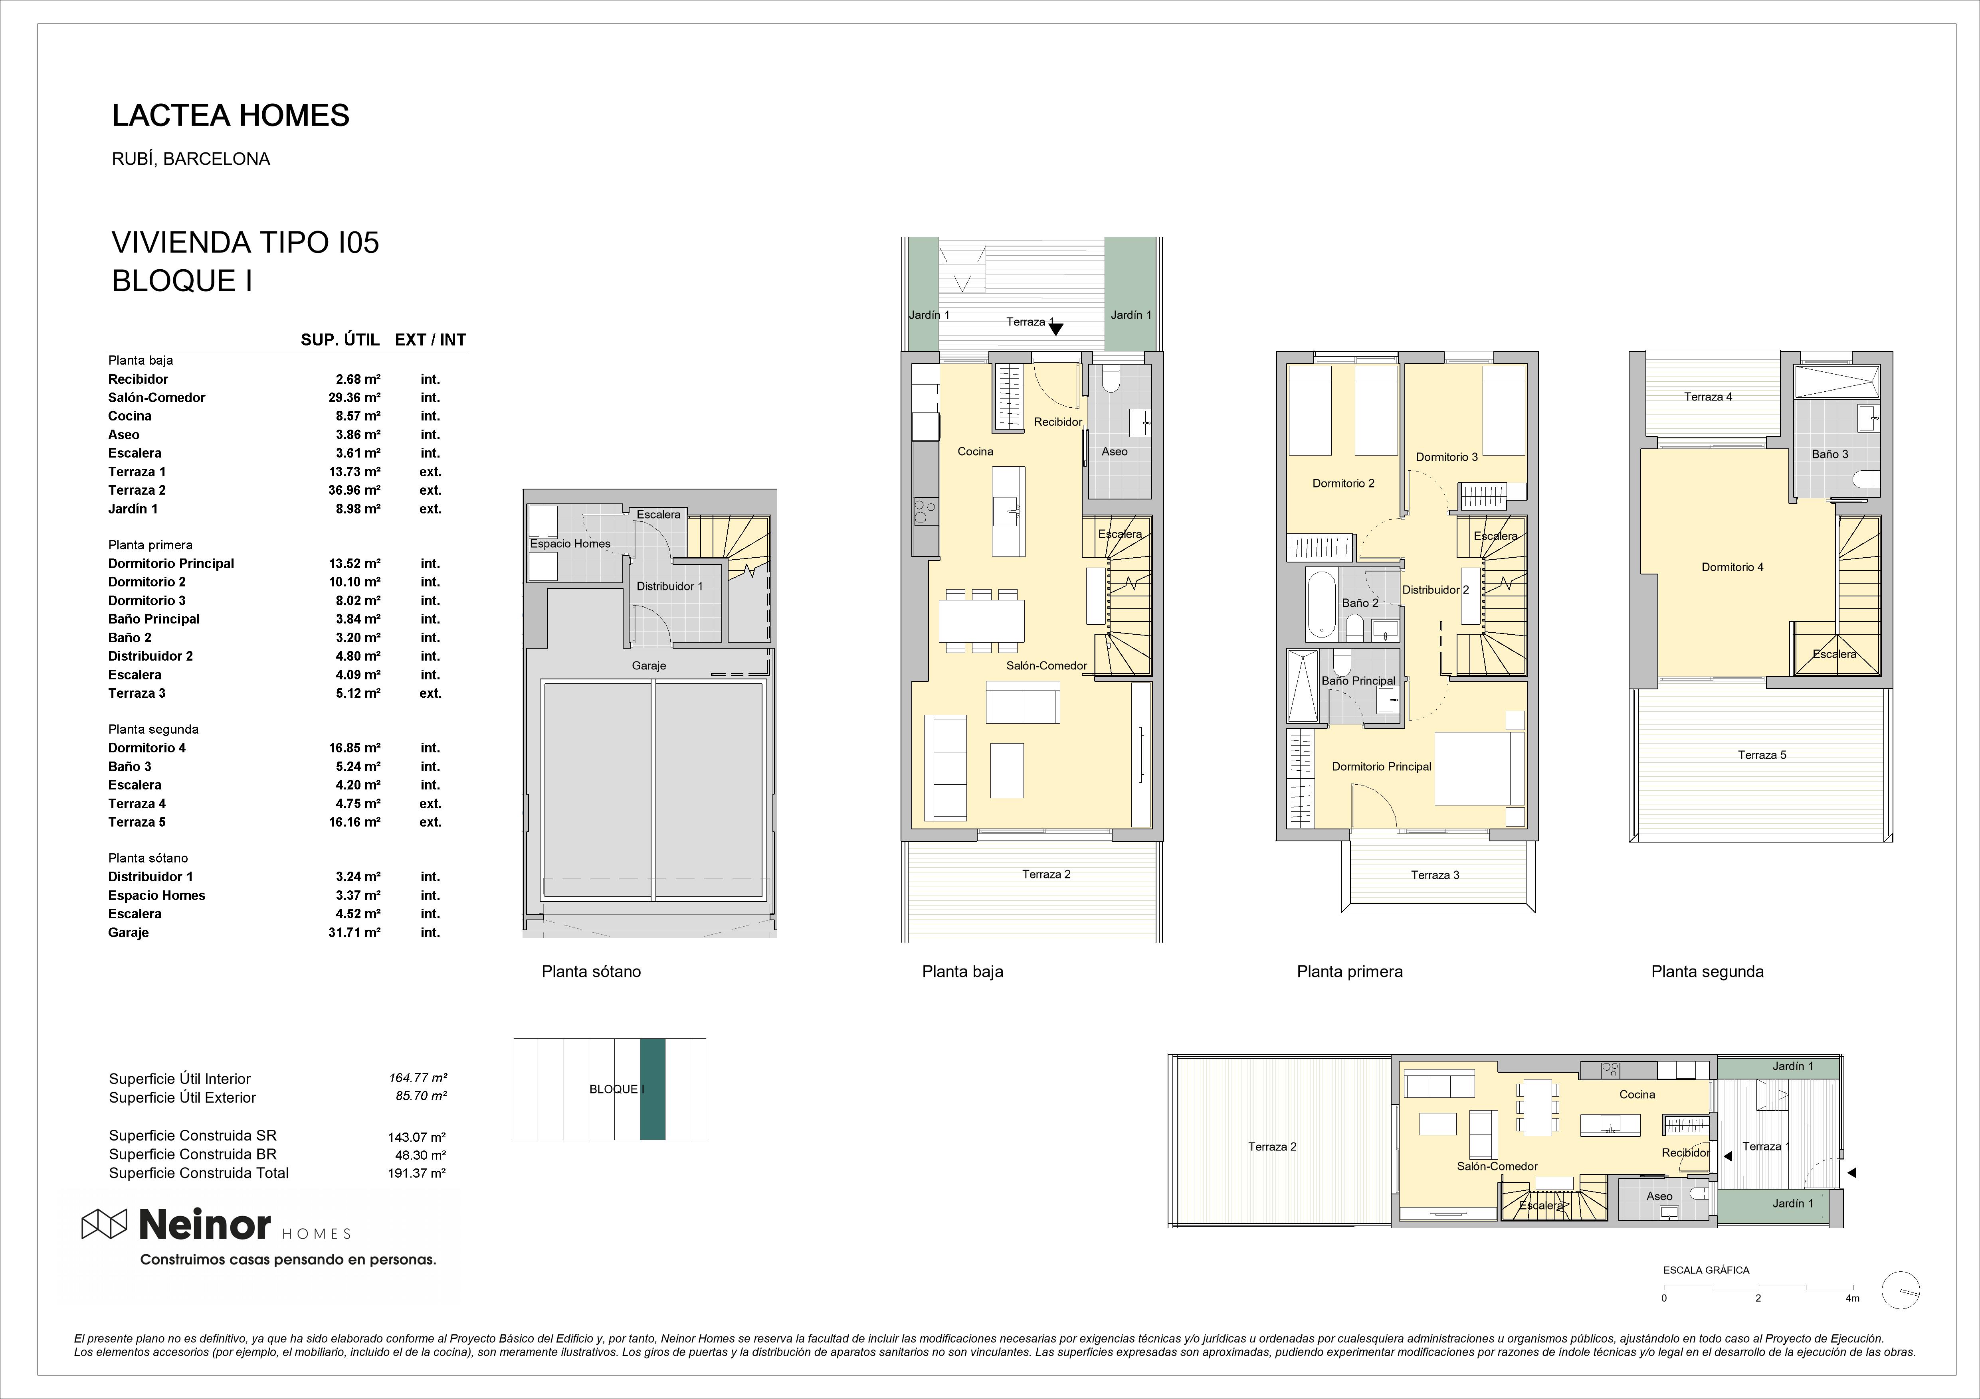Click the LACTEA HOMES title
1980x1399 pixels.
tap(231, 116)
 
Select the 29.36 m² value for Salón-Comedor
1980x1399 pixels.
tap(354, 397)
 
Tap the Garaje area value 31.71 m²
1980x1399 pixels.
tap(354, 933)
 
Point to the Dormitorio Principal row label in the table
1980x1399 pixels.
tap(171, 564)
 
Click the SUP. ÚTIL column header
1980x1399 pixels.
tap(340, 339)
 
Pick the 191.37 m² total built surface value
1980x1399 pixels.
tap(416, 1173)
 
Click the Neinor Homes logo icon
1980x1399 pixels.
tap(103, 1224)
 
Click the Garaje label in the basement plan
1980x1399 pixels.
tap(649, 665)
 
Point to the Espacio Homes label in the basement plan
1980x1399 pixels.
tap(570, 544)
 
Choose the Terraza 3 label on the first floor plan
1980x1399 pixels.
tap(1435, 875)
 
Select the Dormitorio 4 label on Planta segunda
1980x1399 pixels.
tap(1732, 567)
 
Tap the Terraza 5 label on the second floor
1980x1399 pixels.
tap(1762, 755)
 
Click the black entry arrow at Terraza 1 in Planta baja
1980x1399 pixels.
tap(1055, 328)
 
